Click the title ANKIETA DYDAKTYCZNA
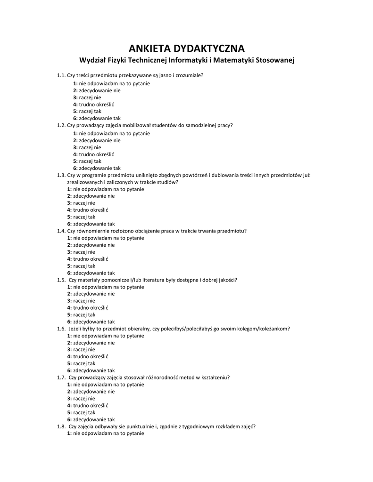click(x=186, y=48)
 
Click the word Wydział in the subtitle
click(x=93, y=60)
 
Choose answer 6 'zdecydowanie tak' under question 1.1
click(x=97, y=118)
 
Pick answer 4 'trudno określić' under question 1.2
click(x=93, y=154)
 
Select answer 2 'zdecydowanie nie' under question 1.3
click(x=91, y=196)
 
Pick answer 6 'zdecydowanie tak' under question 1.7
click(x=91, y=419)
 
